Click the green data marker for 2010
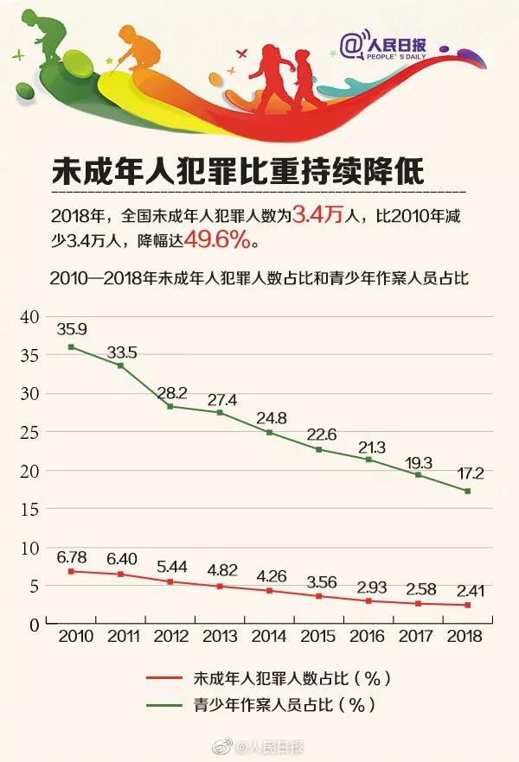click(71, 346)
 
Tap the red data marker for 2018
click(468, 605)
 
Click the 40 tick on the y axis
click(31, 317)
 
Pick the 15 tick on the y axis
click(31, 510)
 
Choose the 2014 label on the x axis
click(269, 635)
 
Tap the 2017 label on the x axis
click(418, 635)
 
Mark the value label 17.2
click(468, 474)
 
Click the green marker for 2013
click(220, 412)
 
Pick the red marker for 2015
click(318, 596)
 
